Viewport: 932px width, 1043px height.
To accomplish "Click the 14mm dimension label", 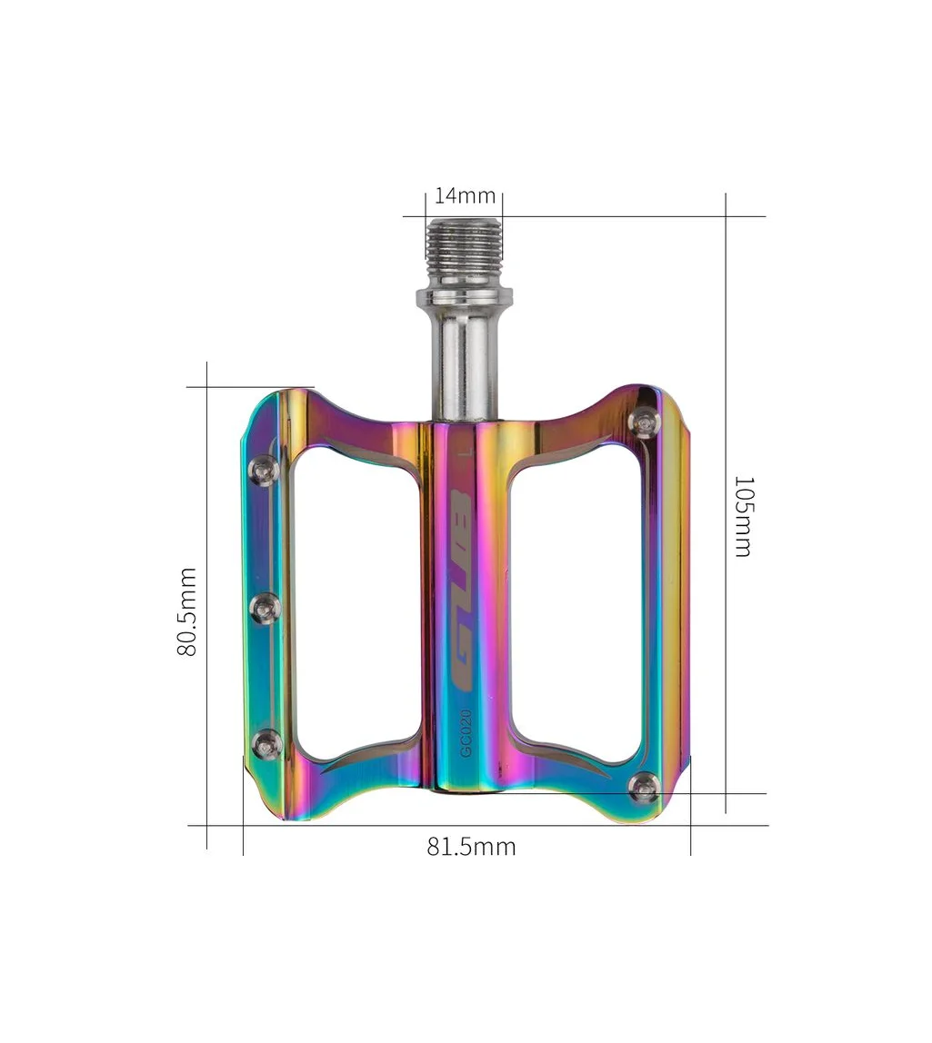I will click(465, 195).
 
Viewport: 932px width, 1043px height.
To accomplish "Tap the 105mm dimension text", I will click(742, 515).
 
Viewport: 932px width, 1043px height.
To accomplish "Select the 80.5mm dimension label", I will click(186, 611).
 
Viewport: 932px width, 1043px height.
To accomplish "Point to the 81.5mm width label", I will click(471, 847).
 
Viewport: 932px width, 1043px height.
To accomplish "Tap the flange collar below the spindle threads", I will click(465, 298).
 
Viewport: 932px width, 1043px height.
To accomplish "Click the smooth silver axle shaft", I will click(465, 363).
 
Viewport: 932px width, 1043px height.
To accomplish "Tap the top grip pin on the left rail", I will click(264, 468).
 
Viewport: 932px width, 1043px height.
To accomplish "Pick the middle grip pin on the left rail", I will click(266, 607).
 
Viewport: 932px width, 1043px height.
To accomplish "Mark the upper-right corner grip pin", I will click(645, 421).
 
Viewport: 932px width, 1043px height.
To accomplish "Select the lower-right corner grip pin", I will click(645, 788).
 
